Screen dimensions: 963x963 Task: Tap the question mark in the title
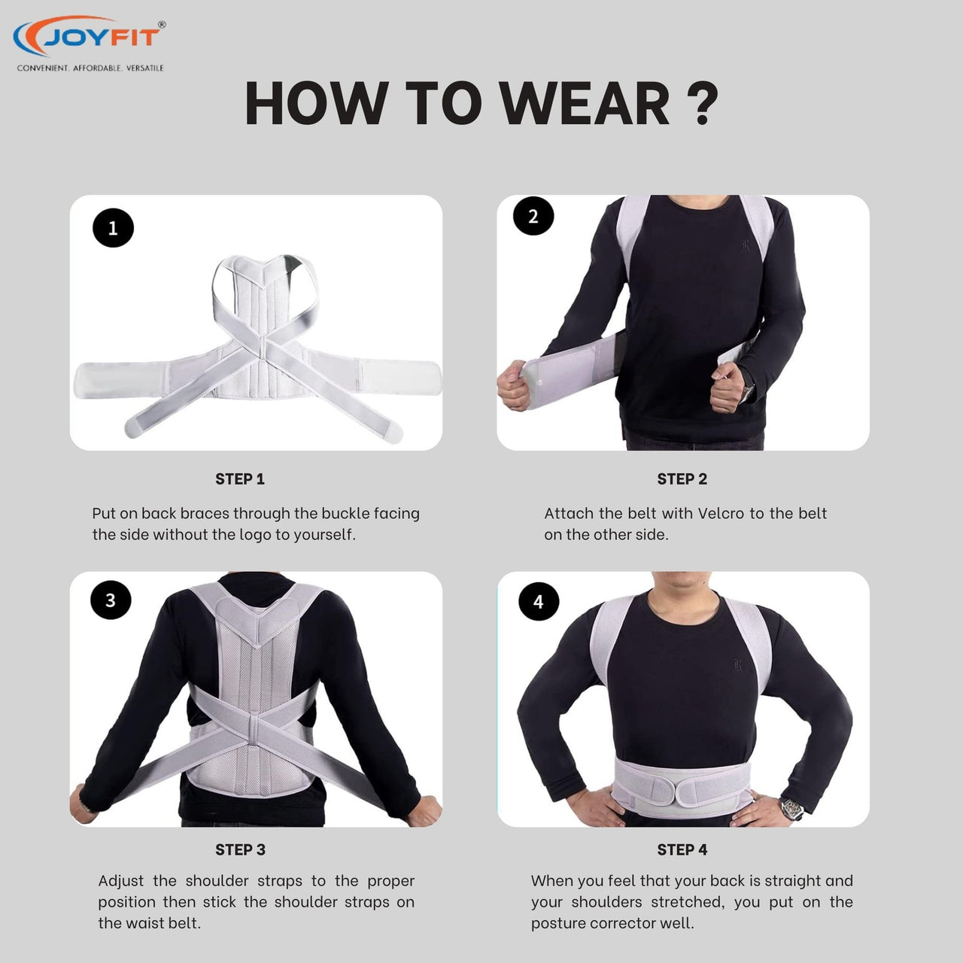[x=702, y=102]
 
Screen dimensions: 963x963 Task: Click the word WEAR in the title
[x=585, y=103]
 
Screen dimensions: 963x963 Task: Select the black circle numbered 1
[x=113, y=228]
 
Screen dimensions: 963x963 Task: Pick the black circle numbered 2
[x=533, y=216]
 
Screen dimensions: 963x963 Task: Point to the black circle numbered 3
[x=111, y=600]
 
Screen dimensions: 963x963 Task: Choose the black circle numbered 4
[x=538, y=601]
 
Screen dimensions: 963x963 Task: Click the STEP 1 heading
[x=240, y=479]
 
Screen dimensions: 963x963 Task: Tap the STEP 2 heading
[x=682, y=479]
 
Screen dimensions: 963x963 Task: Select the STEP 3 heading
[x=241, y=849]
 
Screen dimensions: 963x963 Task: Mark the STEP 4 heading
[x=682, y=849]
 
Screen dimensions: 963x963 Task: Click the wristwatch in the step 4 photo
[x=791, y=808]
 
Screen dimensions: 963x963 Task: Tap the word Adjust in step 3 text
[x=121, y=880]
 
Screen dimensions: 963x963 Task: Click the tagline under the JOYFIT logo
[x=90, y=68]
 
